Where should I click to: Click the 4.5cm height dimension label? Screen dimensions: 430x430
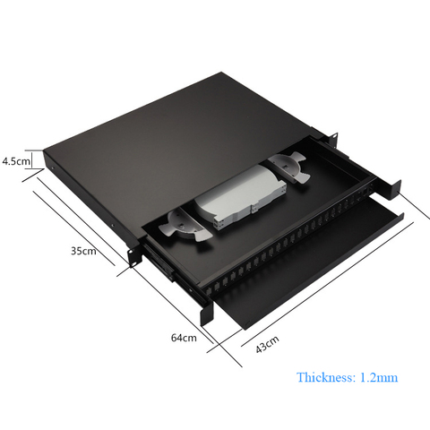16,161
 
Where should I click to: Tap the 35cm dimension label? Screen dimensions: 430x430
83,251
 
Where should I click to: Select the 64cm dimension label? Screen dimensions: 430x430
184,338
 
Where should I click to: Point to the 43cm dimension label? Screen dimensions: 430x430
268,344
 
